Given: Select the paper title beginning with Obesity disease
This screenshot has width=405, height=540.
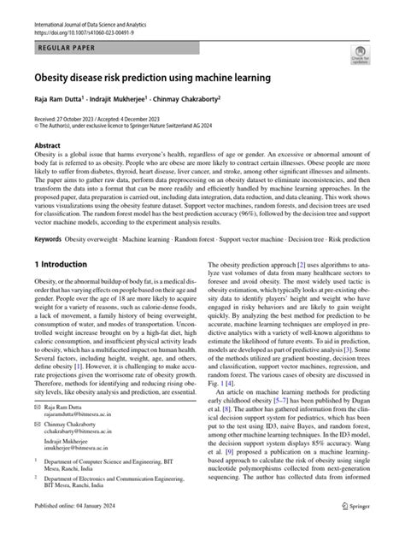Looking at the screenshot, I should pos(152,78).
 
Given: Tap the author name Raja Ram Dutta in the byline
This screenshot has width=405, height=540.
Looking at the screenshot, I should pos(59,99).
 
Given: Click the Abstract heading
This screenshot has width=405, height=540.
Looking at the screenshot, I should pos(47,146).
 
